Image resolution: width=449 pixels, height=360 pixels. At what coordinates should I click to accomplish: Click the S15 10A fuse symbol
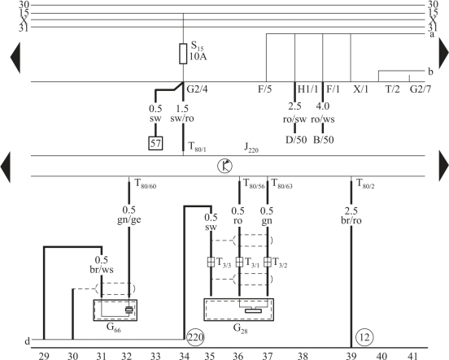tap(183, 54)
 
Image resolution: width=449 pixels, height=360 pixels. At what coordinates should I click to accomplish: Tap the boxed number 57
tap(155, 143)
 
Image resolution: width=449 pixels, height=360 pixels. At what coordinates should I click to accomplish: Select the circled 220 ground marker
tap(195, 337)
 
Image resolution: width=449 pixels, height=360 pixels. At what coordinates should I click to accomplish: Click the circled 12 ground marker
tap(364, 338)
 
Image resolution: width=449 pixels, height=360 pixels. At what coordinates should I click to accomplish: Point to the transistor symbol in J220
tap(225, 166)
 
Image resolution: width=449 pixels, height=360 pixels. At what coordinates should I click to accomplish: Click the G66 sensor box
tap(116, 310)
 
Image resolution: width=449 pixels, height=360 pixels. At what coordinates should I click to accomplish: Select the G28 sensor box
tap(239, 310)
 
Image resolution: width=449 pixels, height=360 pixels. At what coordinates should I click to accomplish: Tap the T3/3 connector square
tap(211, 262)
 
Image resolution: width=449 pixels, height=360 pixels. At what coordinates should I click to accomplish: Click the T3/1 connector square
tap(239, 262)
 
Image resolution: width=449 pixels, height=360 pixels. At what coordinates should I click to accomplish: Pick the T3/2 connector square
tap(267, 262)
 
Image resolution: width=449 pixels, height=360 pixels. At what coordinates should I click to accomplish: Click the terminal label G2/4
tap(198, 89)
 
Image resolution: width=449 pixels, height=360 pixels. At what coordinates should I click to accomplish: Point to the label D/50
tap(296, 140)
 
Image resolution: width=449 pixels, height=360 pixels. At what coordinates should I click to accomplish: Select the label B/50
tap(324, 140)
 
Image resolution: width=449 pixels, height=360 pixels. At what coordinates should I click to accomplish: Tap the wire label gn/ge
tap(129, 219)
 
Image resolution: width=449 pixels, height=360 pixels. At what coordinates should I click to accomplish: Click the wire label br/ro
tap(351, 220)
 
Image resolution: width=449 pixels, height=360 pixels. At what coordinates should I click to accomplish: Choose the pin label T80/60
tap(146, 184)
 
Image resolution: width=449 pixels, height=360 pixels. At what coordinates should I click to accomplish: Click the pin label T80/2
tap(365, 184)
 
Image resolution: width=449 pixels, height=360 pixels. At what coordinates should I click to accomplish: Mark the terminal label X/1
tap(361, 89)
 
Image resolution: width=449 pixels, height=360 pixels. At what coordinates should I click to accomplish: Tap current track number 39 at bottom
tap(351, 356)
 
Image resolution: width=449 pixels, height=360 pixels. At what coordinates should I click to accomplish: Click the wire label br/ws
tap(102, 270)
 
